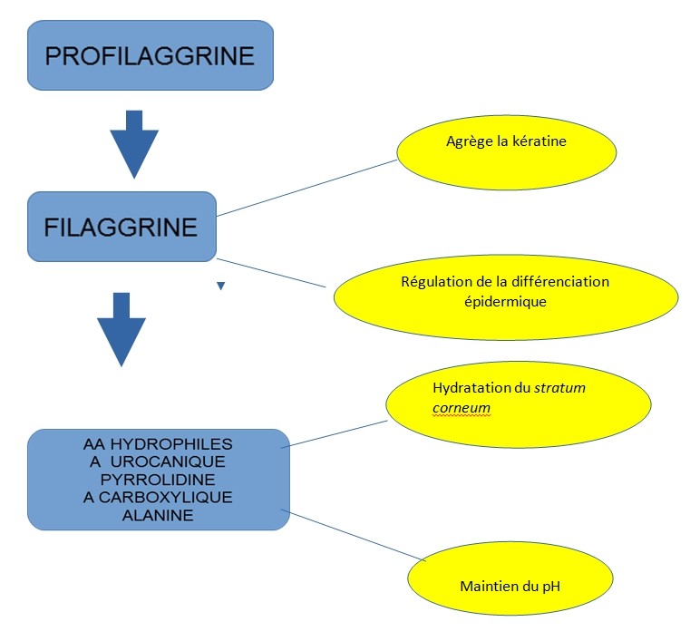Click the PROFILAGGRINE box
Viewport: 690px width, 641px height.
coord(150,55)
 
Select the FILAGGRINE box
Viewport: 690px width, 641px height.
coord(121,226)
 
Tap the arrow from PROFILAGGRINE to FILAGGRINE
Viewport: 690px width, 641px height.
coord(134,143)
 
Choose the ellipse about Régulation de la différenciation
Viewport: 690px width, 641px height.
coord(505,291)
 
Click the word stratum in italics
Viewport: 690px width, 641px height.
coord(559,388)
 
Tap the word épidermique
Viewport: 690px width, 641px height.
coord(505,301)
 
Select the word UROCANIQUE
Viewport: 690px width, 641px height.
coord(173,461)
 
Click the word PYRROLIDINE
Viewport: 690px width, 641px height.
coord(158,480)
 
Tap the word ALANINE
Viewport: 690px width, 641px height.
coord(158,515)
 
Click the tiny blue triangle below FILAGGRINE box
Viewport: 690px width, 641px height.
coord(220,287)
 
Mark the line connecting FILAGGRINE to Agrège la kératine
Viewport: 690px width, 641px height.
coord(307,188)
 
